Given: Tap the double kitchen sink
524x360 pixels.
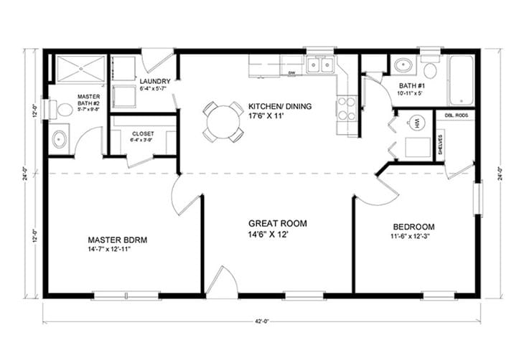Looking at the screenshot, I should point(319,65).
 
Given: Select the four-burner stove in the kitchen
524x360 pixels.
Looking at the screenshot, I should point(347,108).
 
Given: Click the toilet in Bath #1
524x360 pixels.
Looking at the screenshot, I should point(430,70).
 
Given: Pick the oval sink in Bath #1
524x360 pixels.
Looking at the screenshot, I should point(403,66).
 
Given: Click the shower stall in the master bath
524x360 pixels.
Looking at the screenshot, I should point(78,69).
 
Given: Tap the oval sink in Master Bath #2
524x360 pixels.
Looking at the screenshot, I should point(59,138).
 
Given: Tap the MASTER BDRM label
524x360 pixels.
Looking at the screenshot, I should point(118,240).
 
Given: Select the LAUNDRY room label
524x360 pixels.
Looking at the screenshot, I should point(154,81).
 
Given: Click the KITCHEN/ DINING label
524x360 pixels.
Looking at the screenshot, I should point(280,106).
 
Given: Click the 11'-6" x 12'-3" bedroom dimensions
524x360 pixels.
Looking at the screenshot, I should point(413,237).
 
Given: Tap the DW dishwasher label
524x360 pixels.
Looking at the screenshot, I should point(292,72).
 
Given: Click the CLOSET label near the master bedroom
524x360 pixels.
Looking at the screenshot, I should point(143,133).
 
